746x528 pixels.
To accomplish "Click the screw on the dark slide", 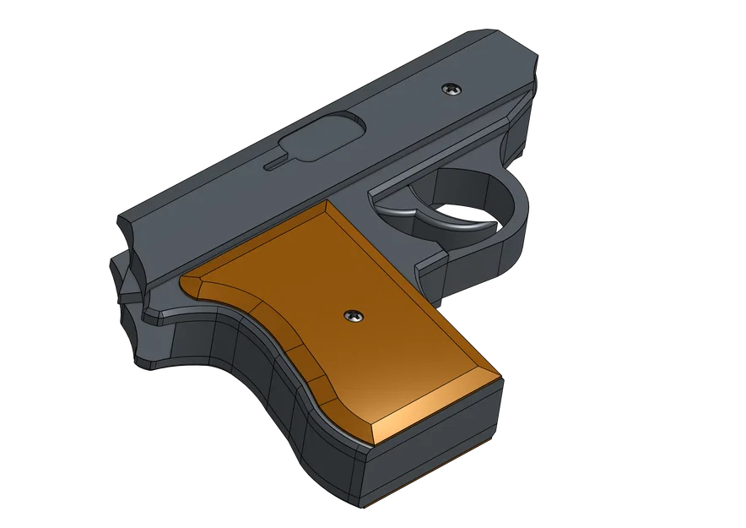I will click(452, 88).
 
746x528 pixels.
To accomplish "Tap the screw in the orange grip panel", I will click(352, 316).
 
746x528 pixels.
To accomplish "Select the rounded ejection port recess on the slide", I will click(322, 139).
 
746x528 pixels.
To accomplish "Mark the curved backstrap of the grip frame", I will click(278, 397).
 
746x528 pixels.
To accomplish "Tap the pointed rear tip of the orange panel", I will click(186, 280).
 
